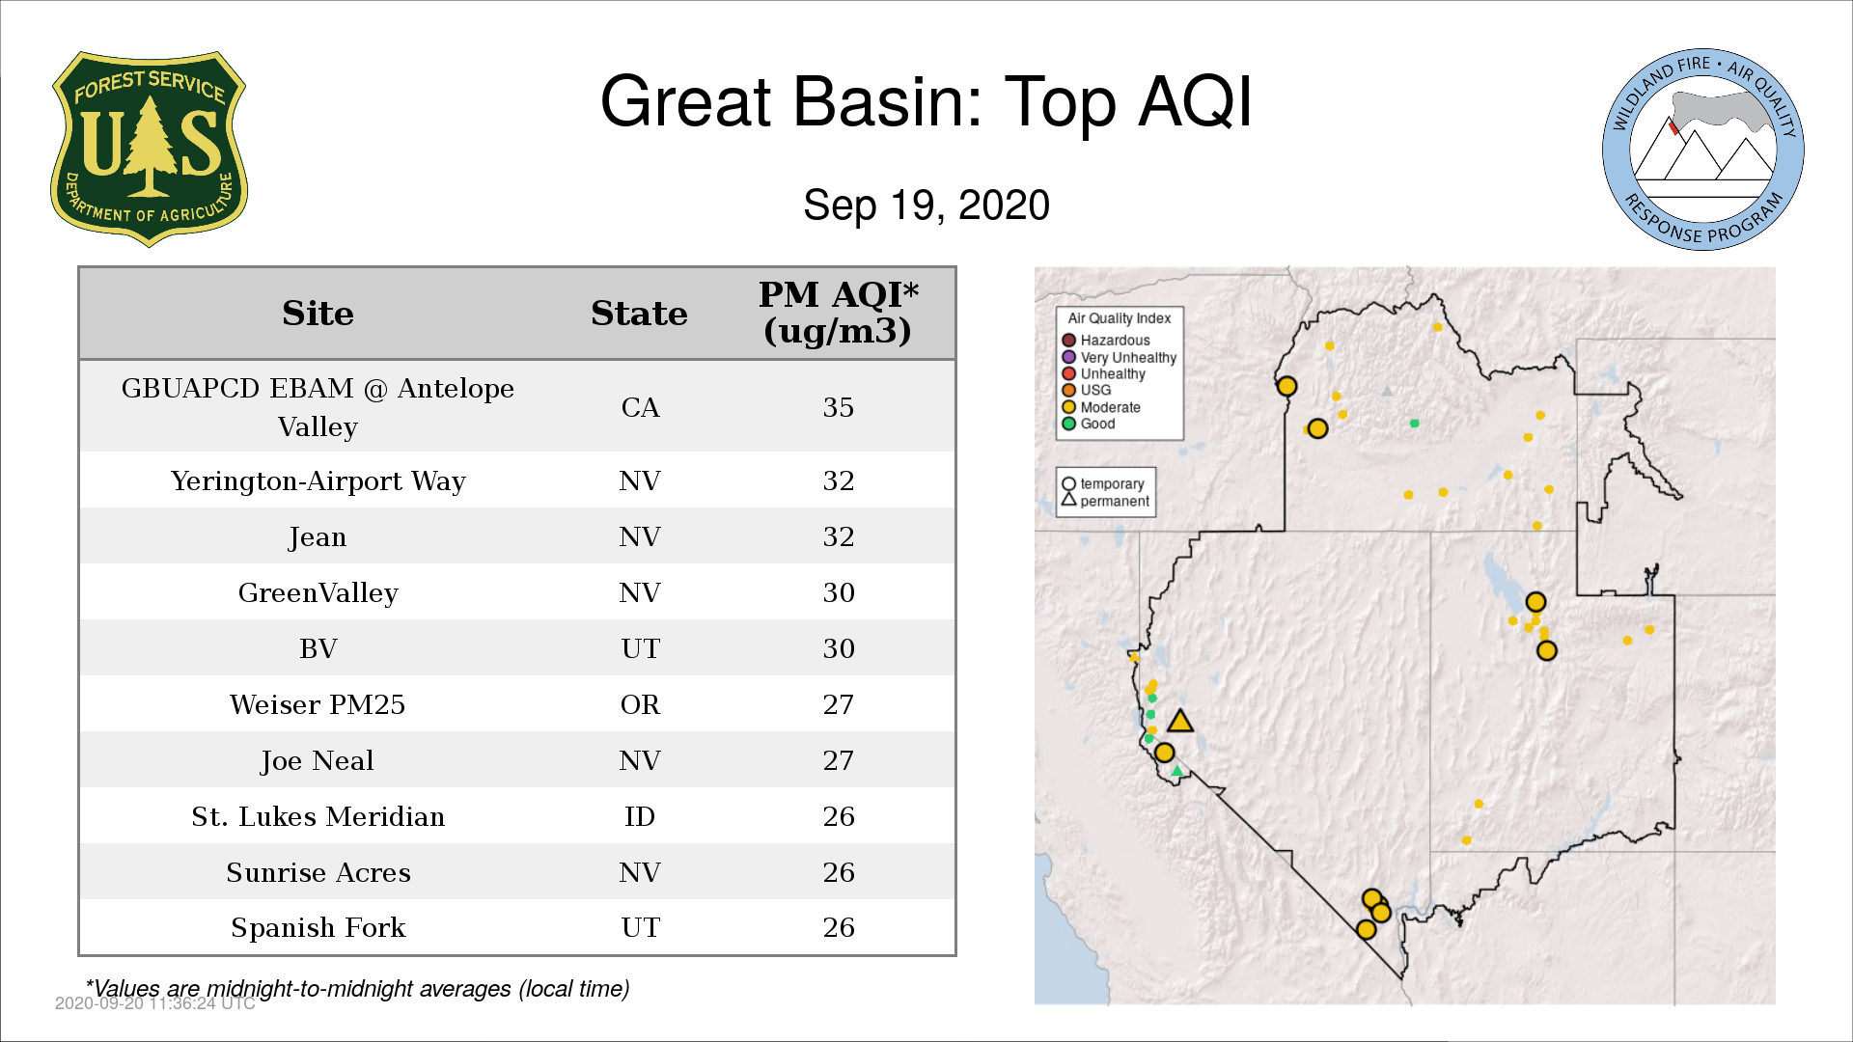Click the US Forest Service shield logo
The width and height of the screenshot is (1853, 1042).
click(149, 150)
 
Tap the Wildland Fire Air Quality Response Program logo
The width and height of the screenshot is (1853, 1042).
click(1703, 150)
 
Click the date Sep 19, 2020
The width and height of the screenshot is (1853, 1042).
click(926, 206)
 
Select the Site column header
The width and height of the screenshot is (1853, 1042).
click(318, 314)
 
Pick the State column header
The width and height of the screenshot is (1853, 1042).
click(639, 314)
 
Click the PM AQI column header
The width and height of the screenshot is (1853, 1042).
click(838, 313)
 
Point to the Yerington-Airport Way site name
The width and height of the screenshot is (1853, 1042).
click(318, 480)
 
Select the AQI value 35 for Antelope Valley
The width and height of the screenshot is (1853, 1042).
click(838, 407)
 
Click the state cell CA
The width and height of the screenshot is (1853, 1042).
click(640, 407)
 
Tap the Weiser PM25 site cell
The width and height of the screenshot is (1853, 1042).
click(318, 704)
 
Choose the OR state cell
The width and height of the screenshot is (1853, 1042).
click(640, 704)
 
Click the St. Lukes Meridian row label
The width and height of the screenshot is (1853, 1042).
click(318, 816)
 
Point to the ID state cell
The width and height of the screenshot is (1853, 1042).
click(640, 816)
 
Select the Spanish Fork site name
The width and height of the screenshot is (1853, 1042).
click(318, 927)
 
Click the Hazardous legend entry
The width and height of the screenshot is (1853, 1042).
click(1106, 341)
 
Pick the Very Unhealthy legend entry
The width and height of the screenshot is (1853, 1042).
click(1120, 357)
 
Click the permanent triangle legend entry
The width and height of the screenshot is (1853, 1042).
click(1106, 501)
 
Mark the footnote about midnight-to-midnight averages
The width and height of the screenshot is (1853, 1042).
click(358, 989)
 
